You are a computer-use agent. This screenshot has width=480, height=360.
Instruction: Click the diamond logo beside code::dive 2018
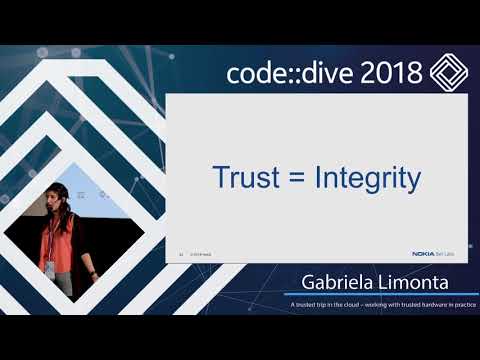[449, 73]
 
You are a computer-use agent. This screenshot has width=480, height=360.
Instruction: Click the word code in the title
[255, 73]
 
